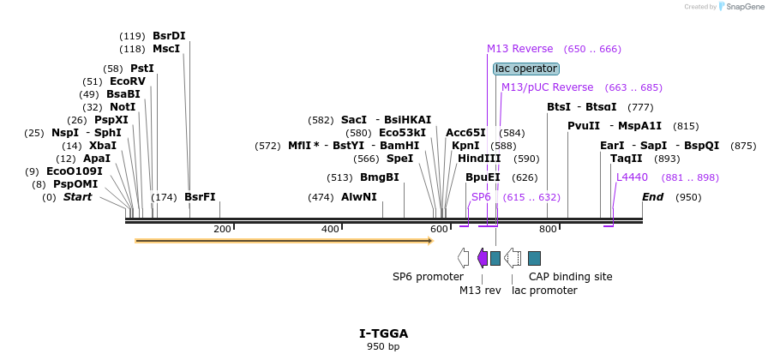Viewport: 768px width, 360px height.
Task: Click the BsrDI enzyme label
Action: (x=169, y=36)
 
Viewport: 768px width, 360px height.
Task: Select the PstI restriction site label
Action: (x=142, y=69)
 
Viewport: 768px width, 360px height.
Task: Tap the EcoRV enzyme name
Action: (x=128, y=81)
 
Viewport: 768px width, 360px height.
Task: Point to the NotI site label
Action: (x=123, y=107)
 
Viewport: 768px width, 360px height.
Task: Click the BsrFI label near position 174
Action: (x=200, y=197)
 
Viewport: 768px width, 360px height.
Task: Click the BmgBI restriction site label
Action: (x=379, y=177)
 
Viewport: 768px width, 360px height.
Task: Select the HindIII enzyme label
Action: (x=479, y=159)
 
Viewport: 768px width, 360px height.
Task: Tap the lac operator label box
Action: (x=526, y=69)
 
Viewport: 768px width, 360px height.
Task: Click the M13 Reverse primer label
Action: (x=520, y=49)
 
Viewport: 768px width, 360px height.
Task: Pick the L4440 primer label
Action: (x=632, y=177)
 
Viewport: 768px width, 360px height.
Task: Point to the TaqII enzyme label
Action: (x=627, y=159)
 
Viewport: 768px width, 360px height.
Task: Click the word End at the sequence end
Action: (x=653, y=197)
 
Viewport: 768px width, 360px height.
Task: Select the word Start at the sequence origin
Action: (x=77, y=197)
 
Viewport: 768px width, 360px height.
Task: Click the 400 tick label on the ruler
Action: (x=330, y=229)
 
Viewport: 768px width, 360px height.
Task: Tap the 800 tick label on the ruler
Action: (x=548, y=229)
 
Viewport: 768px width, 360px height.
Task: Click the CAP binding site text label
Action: (x=570, y=277)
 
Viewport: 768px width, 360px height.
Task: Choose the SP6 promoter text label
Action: (x=428, y=277)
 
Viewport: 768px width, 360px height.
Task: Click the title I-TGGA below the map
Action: (x=383, y=333)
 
